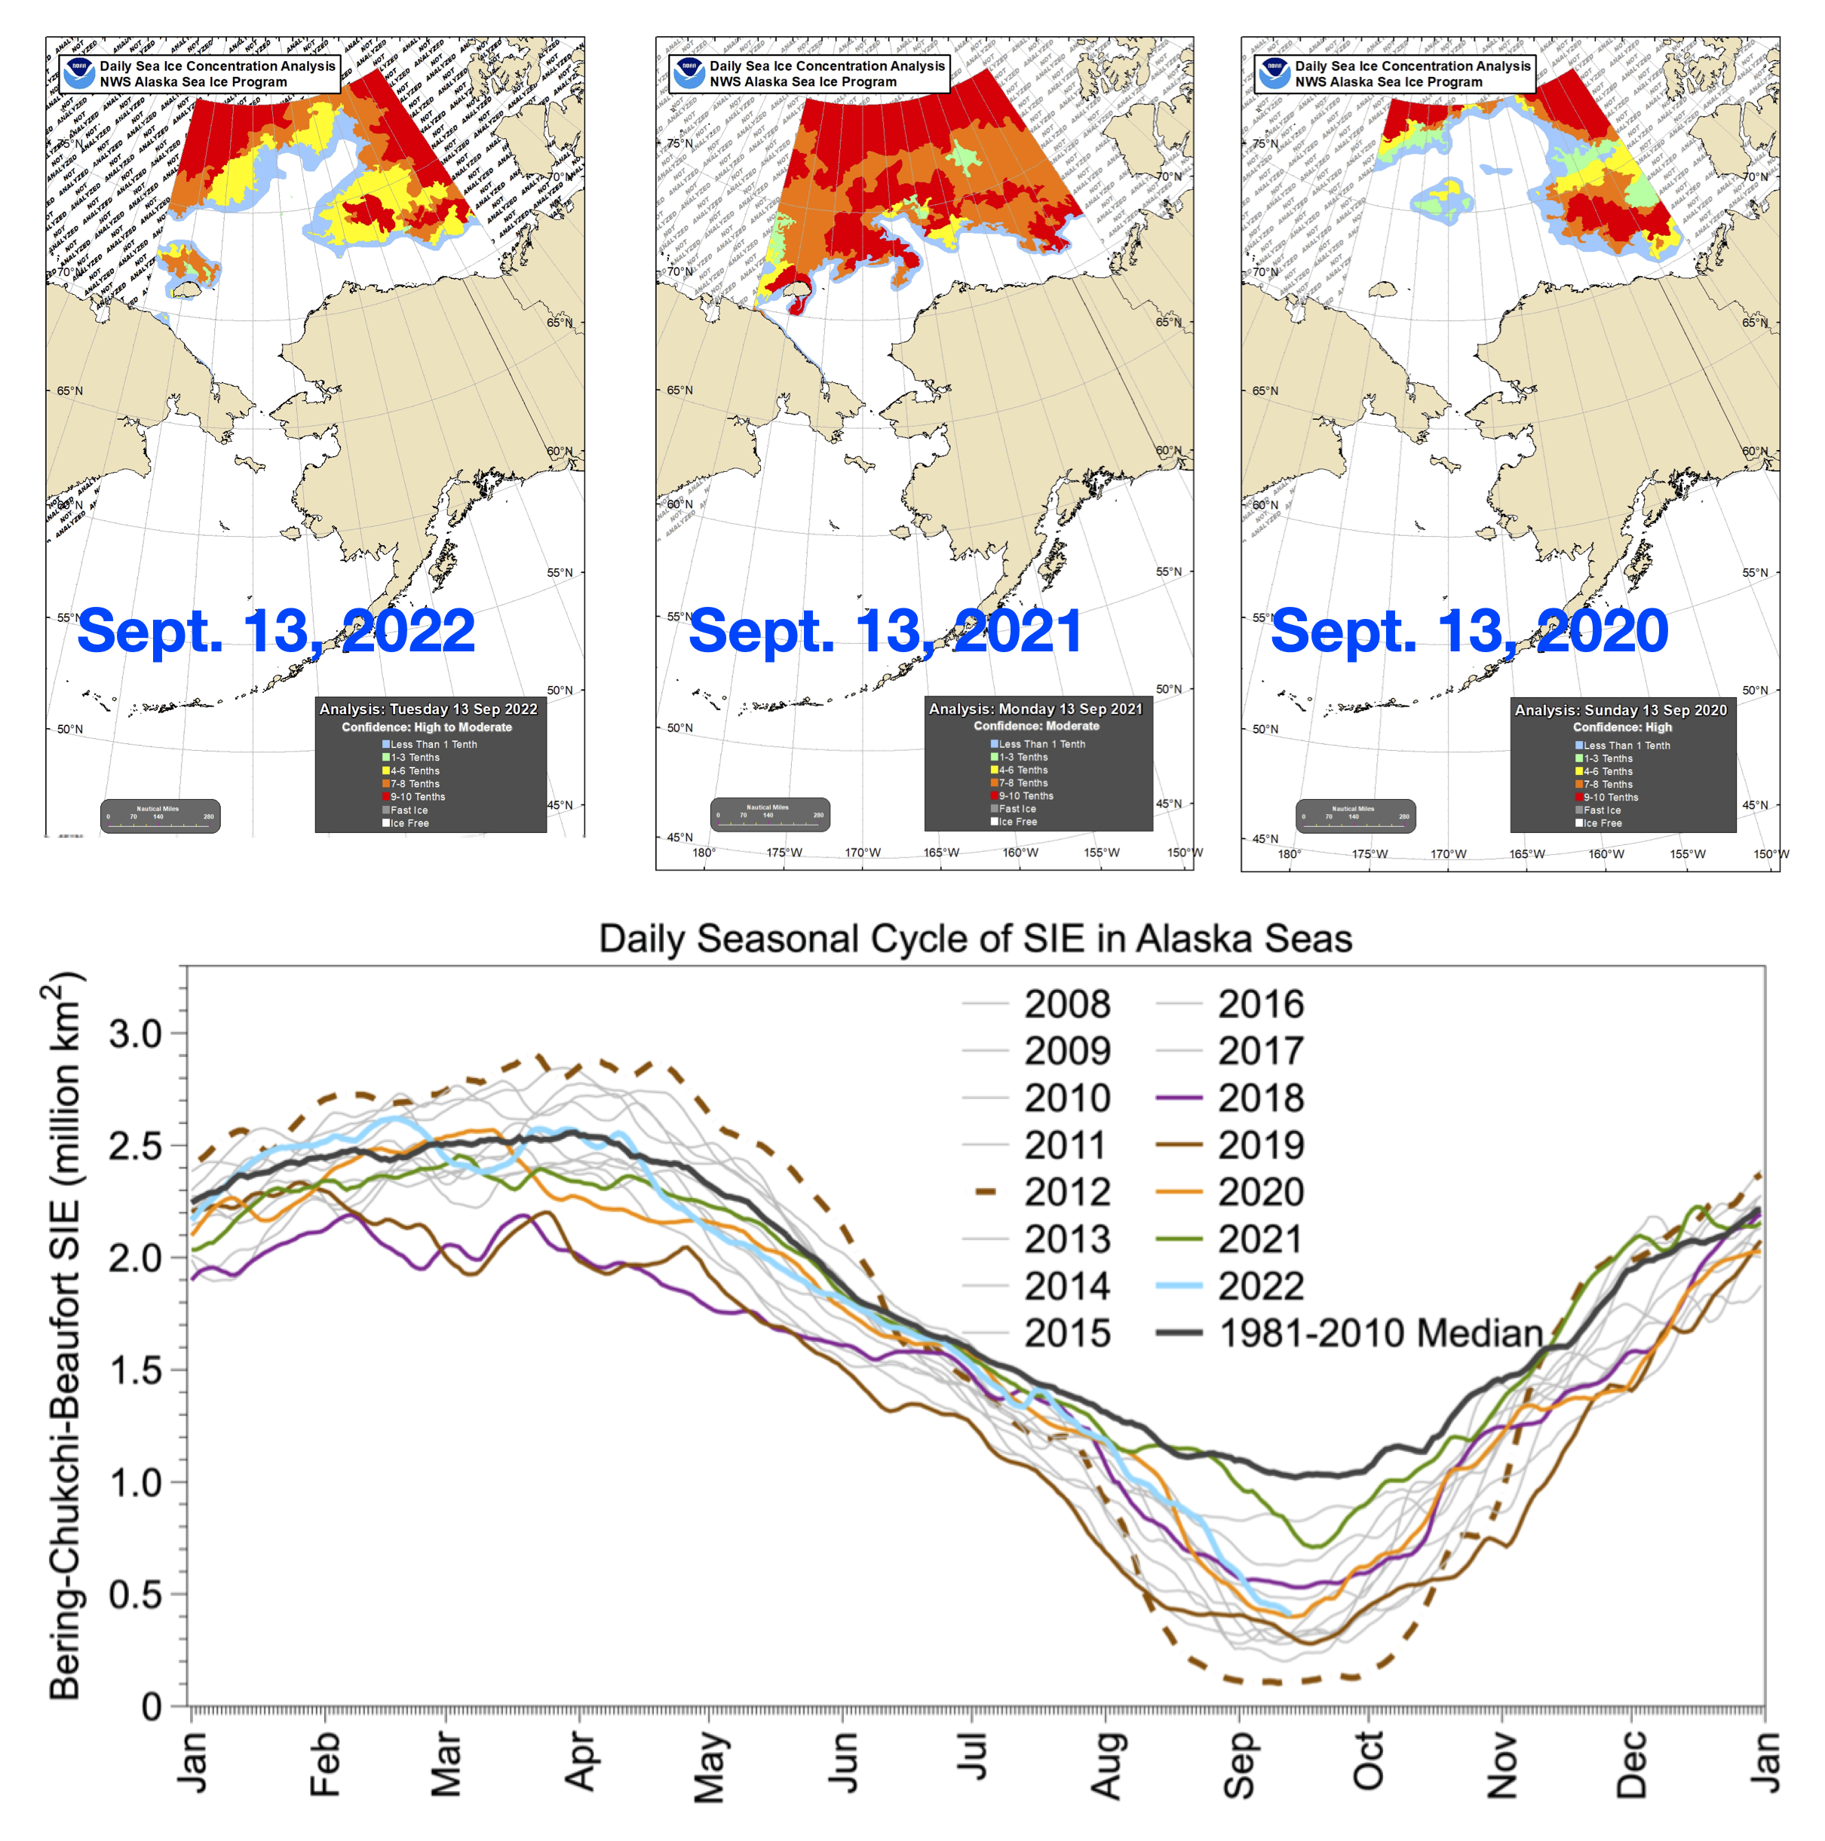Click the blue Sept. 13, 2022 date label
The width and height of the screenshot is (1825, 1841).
pos(275,631)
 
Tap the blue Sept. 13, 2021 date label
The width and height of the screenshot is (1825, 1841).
pos(885,631)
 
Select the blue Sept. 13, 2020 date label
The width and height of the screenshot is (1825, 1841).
pos(1470,631)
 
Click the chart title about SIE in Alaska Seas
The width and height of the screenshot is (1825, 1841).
pos(975,939)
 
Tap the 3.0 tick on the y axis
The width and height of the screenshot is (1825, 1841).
pos(135,1033)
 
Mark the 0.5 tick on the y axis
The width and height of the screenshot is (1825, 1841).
pos(135,1594)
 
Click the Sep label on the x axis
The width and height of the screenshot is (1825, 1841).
pos(1238,1764)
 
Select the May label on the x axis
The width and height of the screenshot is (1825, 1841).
pos(709,1768)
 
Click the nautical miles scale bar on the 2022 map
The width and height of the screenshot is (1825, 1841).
pos(160,816)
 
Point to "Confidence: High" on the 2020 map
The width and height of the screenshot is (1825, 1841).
pos(1622,727)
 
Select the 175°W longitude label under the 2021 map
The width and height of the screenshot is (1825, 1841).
pos(784,853)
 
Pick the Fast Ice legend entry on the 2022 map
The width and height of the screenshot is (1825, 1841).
pos(409,810)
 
